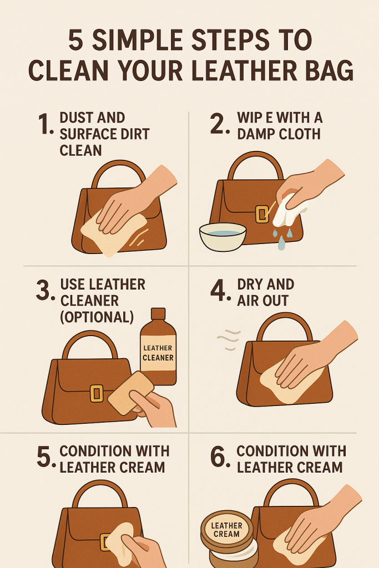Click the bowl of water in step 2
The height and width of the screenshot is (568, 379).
click(223, 236)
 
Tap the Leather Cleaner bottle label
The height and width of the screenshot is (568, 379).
click(158, 353)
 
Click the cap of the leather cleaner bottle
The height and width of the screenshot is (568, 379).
click(158, 314)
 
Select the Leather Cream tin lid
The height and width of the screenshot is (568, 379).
click(227, 529)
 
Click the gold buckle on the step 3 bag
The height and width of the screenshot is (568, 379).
click(97, 394)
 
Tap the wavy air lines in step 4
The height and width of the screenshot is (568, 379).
click(229, 340)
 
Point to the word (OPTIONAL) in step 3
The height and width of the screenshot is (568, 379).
click(97, 317)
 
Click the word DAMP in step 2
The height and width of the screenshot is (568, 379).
click(256, 134)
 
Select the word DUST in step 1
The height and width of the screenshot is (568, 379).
click(74, 118)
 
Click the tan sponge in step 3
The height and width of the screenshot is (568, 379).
click(131, 392)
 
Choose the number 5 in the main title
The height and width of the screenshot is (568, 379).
click(75, 40)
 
